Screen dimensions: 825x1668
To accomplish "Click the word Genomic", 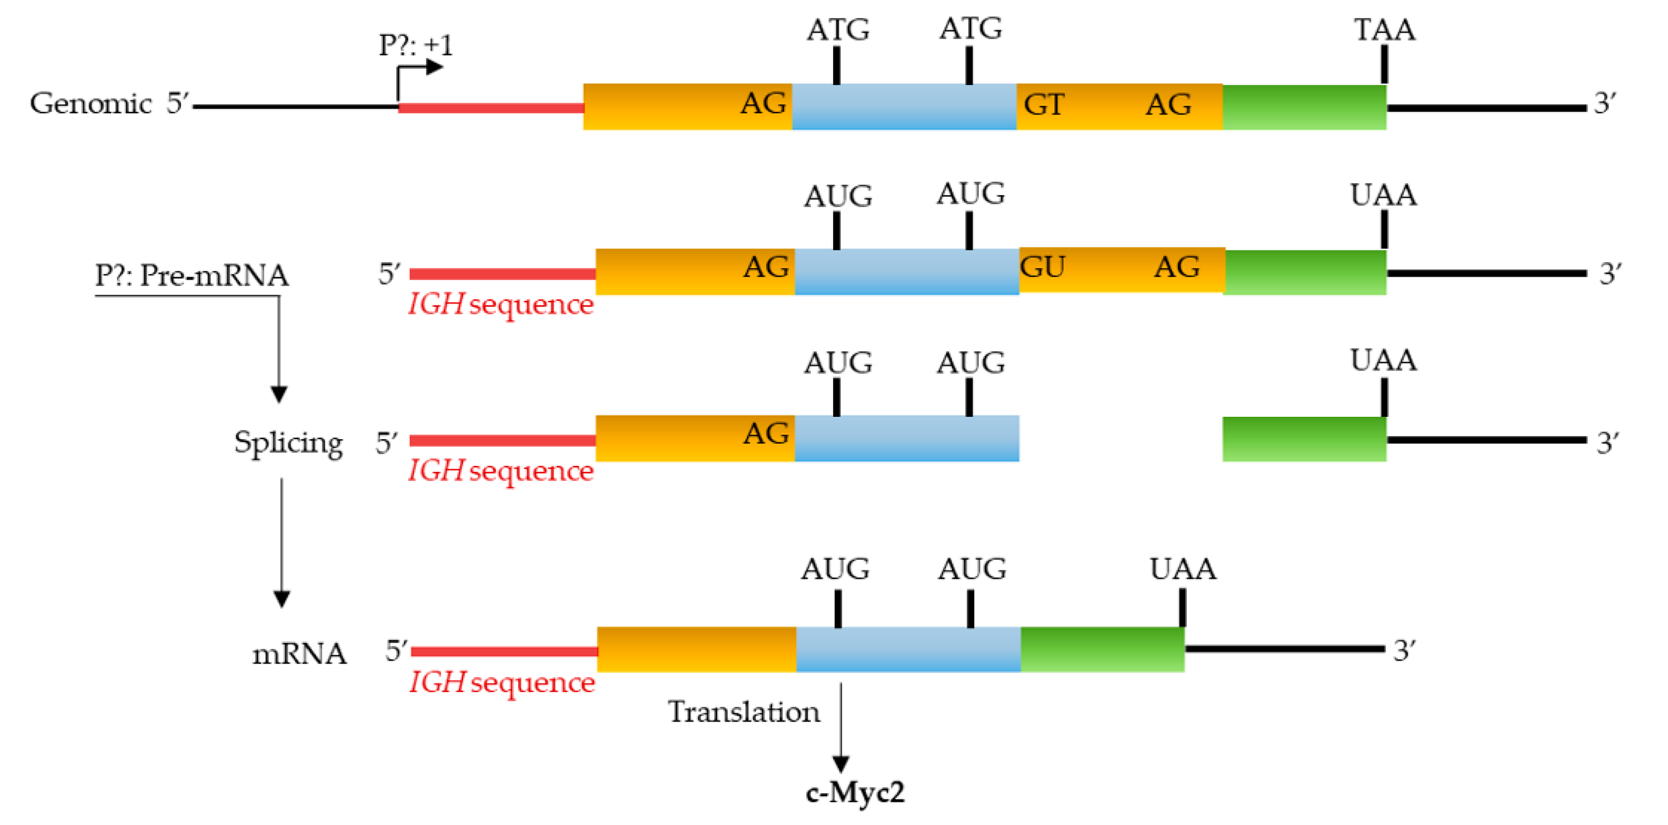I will pos(90,104).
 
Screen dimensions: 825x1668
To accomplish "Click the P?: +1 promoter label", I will pos(415,45).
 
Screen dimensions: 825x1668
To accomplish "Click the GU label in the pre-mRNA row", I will pos(1042,267).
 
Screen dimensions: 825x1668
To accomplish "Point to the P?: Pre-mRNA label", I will pos(192,275).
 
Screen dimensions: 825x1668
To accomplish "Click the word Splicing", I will pos(288,443).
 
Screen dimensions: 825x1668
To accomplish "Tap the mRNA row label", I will pos(299,653).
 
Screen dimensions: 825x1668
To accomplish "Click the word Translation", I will pos(743,712).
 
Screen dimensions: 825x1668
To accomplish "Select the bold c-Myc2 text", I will pos(855,792).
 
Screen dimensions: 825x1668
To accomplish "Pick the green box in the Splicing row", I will pos(1303,439).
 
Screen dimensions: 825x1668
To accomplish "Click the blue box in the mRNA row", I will pos(908,650).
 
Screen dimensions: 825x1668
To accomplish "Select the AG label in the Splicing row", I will pos(766,434).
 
